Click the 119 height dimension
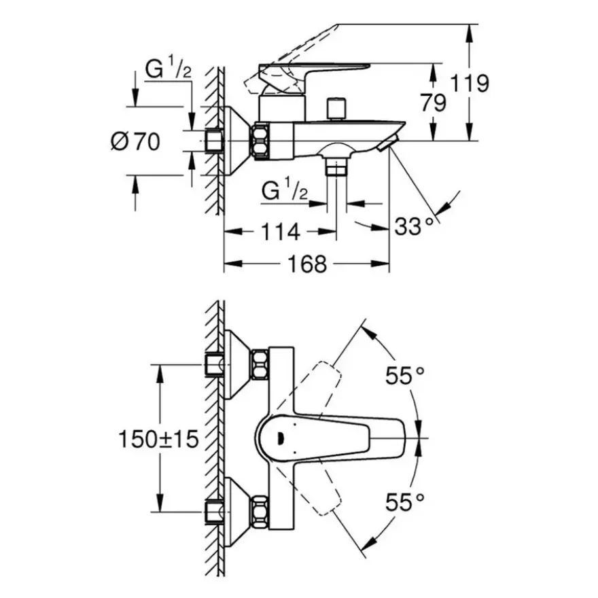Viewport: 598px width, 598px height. [x=470, y=84]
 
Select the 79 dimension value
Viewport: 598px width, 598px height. [x=434, y=103]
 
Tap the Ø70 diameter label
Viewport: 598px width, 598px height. [x=135, y=142]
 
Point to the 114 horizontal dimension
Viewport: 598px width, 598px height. [x=280, y=232]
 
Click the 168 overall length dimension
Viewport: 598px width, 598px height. [x=307, y=264]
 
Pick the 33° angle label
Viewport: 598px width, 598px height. [x=414, y=226]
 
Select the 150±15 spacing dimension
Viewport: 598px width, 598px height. [x=158, y=438]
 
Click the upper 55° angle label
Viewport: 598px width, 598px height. [x=404, y=375]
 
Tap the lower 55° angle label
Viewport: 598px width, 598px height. [x=404, y=502]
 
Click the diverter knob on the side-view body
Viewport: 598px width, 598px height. [x=336, y=109]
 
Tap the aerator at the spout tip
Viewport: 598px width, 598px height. [x=389, y=143]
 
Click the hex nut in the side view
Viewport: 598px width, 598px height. [x=260, y=141]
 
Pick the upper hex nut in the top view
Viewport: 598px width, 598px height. [x=260, y=365]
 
